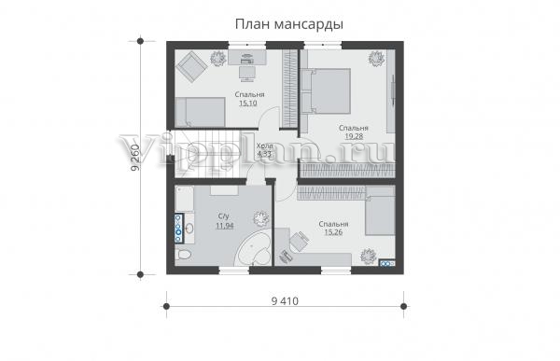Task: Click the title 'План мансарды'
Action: click(289, 24)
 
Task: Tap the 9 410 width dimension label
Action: click(285, 301)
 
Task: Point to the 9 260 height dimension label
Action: click(135, 158)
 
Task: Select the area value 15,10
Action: click(248, 104)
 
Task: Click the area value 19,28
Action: click(354, 136)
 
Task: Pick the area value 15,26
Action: click(333, 232)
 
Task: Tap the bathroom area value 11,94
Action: click(225, 226)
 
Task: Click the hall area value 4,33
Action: click(264, 154)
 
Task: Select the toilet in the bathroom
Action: click(184, 255)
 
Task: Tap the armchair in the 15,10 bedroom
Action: click(193, 66)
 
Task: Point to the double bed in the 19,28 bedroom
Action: click(326, 90)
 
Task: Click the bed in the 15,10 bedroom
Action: click(201, 112)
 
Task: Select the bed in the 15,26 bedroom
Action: click(381, 211)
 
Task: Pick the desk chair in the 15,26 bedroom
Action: click(299, 241)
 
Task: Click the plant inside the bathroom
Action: click(260, 218)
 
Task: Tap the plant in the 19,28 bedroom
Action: click(376, 58)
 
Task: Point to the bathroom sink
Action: click(189, 229)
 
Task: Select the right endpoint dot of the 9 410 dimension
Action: click(403, 306)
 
